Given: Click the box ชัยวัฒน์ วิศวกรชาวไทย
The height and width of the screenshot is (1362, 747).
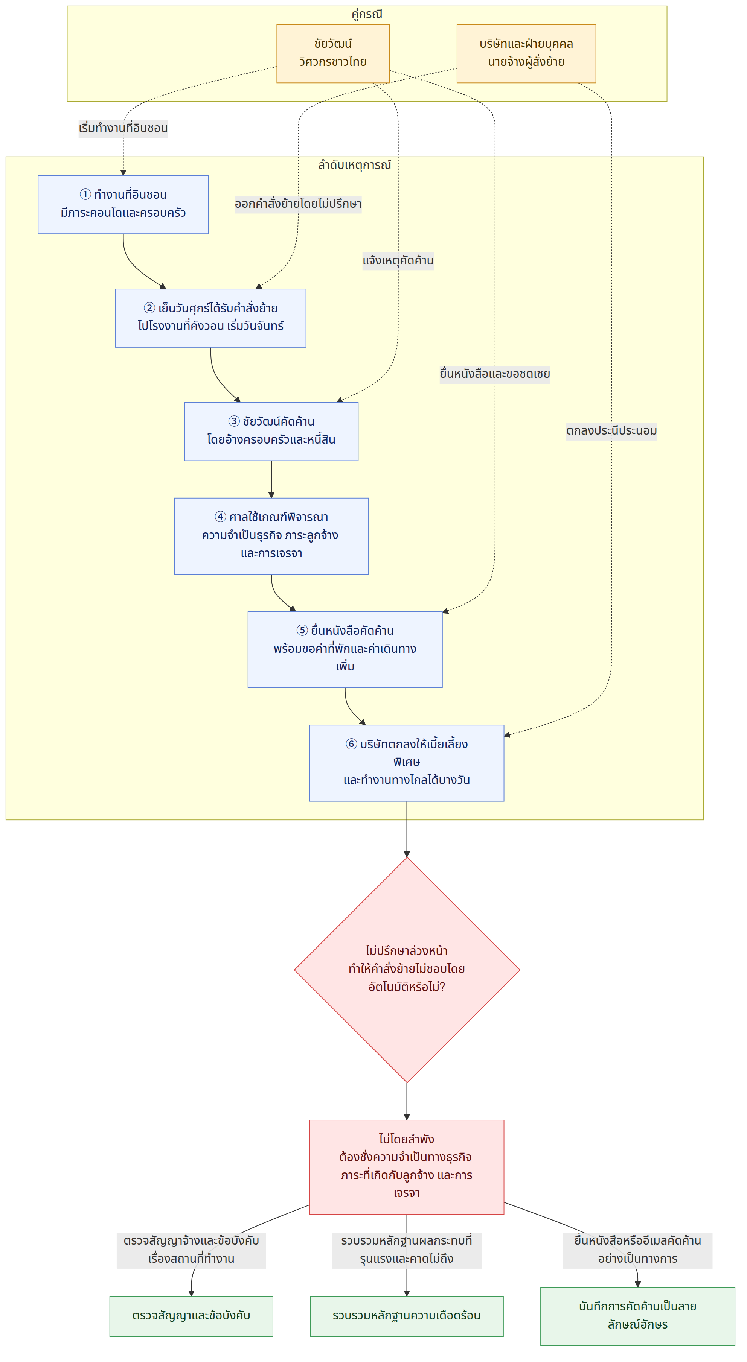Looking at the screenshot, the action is (x=333, y=53).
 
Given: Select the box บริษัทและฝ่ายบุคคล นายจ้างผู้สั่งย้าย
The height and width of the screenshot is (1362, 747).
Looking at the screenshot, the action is (x=526, y=53).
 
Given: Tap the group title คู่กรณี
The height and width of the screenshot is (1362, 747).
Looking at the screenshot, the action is (x=367, y=14).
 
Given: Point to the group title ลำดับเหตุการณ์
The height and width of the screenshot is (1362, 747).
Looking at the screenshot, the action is (x=354, y=165).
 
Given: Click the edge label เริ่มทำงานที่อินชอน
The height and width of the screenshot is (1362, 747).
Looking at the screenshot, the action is (x=123, y=128).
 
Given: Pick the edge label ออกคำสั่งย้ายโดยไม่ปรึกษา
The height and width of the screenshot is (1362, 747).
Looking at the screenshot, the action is (x=298, y=204).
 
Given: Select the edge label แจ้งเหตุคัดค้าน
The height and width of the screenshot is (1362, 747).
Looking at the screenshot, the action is (x=398, y=261).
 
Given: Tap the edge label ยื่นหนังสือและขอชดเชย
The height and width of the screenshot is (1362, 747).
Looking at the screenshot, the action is (x=495, y=374).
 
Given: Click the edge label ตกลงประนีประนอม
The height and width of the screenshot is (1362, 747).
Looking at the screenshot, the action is (x=611, y=430).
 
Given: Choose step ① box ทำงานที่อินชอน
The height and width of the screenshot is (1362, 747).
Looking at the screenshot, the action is (x=123, y=204).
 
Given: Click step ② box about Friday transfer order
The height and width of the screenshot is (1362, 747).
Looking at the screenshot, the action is (x=210, y=318).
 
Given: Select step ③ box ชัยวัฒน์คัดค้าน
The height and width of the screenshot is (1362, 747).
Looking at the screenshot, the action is (x=271, y=432).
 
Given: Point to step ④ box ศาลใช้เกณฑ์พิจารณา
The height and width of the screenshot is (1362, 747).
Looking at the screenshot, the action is (x=271, y=536).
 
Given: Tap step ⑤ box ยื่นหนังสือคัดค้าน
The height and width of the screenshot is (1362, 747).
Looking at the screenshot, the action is (x=345, y=649).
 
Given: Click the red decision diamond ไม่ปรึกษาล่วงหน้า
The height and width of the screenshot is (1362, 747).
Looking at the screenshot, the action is (x=407, y=969).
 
